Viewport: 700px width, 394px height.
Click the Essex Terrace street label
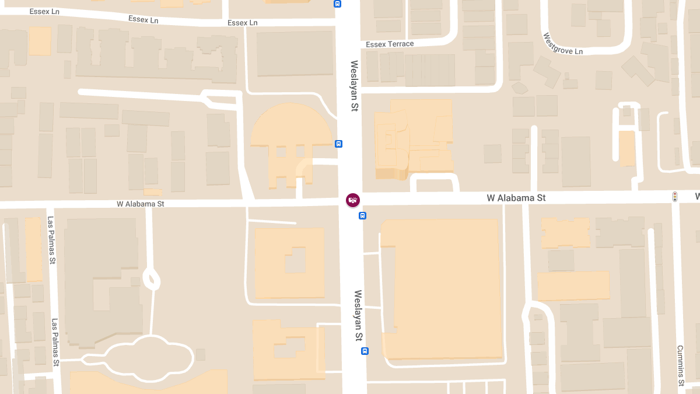coord(390,44)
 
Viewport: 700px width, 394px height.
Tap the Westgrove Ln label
coord(563,44)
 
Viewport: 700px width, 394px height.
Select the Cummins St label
coord(680,365)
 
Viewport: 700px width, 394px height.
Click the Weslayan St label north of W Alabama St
coord(353,86)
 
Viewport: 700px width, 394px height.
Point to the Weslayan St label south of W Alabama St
coord(358,315)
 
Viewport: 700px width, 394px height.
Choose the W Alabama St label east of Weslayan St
coord(516,198)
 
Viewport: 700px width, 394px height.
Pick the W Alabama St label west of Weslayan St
coord(141,204)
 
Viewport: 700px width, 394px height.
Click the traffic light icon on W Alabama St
coord(675,197)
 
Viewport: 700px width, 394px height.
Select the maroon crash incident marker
coord(353,200)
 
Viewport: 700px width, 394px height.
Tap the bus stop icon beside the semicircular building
coord(339,144)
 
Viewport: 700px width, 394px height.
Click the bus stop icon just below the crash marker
coord(362,216)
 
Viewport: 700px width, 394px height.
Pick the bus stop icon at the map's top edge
coord(337,4)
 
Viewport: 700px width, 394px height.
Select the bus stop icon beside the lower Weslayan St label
coord(365,351)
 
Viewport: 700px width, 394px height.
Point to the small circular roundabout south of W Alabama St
coord(151,279)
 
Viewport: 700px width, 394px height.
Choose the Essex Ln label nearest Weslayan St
coord(242,23)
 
